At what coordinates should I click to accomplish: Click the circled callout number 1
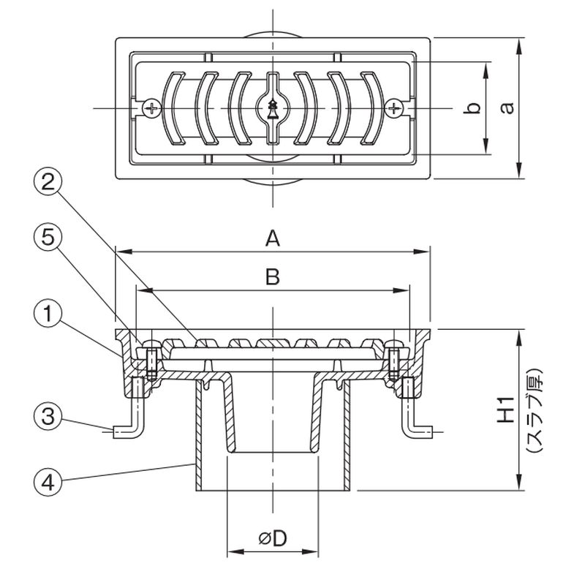pyautogui.click(x=48, y=314)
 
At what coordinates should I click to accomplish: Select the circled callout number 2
pyautogui.click(x=48, y=182)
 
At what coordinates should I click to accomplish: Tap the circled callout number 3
pyautogui.click(x=48, y=416)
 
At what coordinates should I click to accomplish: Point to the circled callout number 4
pyautogui.click(x=48, y=482)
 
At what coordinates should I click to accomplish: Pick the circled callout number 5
pyautogui.click(x=48, y=237)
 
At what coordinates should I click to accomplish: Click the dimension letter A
pyautogui.click(x=273, y=238)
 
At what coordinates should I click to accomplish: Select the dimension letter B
pyautogui.click(x=273, y=277)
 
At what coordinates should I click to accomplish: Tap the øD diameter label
pyautogui.click(x=273, y=538)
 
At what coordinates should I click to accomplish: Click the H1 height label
pyautogui.click(x=505, y=410)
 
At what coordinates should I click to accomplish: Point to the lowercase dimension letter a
pyautogui.click(x=507, y=107)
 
